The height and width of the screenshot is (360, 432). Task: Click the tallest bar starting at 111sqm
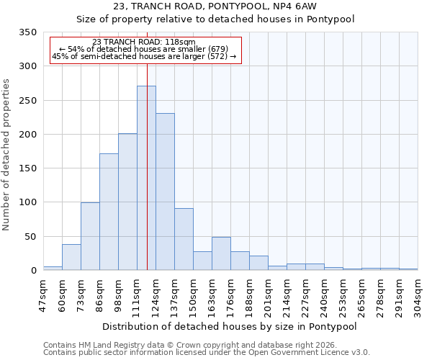[146, 179]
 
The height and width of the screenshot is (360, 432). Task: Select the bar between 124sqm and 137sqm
[165, 192]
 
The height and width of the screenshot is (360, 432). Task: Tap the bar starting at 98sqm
[127, 202]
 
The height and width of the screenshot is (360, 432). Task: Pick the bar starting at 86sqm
[109, 212]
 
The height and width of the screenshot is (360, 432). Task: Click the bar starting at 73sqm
[90, 237]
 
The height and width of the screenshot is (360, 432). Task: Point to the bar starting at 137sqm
[184, 240]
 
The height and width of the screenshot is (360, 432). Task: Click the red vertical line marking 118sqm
[147, 144]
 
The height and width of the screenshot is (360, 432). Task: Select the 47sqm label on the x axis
[43, 293]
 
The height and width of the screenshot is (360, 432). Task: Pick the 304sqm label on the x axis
[418, 293]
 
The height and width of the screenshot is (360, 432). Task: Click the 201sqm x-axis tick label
[268, 293]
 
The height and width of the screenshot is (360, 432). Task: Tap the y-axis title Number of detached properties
[7, 155]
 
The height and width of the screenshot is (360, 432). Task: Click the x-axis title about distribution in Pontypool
[230, 326]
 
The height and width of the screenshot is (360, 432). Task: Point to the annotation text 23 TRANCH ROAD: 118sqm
[144, 42]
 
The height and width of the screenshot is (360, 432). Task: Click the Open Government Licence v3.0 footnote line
[207, 353]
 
